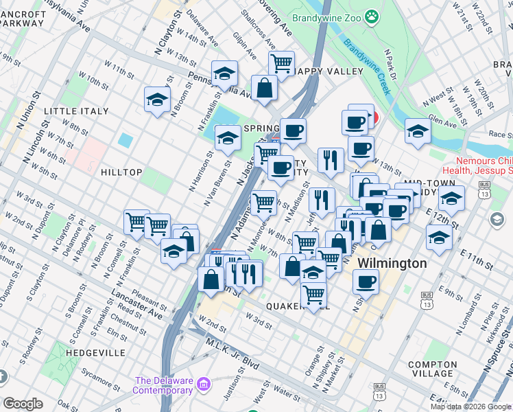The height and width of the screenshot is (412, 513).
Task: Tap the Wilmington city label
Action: coord(392,264)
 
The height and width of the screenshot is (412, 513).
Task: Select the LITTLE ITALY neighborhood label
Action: coord(76,111)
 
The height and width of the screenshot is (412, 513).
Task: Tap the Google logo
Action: coord(23,404)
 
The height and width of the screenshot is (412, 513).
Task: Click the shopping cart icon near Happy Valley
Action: coord(281,64)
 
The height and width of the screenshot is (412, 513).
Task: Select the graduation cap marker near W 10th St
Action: coord(157,99)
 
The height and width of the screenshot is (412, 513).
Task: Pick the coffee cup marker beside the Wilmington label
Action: coord(366,281)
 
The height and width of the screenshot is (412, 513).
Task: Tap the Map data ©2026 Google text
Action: coord(470,407)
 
